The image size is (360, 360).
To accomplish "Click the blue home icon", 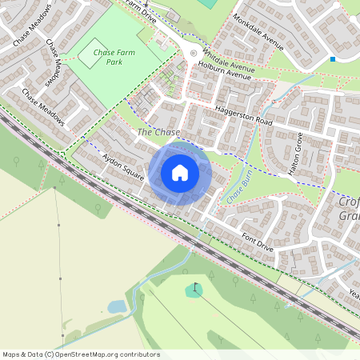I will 180,173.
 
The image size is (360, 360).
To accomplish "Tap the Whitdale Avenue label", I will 229,58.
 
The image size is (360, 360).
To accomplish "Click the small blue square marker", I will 332,58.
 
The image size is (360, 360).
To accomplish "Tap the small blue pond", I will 117,306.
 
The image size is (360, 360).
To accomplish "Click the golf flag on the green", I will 194,288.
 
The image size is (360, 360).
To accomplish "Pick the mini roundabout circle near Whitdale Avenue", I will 192,53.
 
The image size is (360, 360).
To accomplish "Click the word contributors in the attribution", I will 138,354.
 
